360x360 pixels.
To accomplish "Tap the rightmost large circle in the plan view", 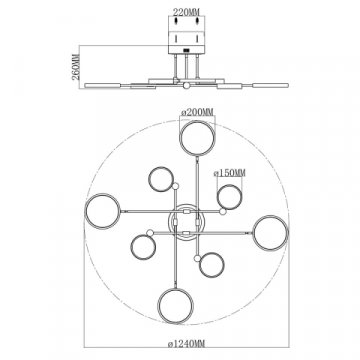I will (268, 232).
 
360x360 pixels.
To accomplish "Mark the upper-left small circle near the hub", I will (161, 179).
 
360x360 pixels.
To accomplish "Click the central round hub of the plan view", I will (186, 219).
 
